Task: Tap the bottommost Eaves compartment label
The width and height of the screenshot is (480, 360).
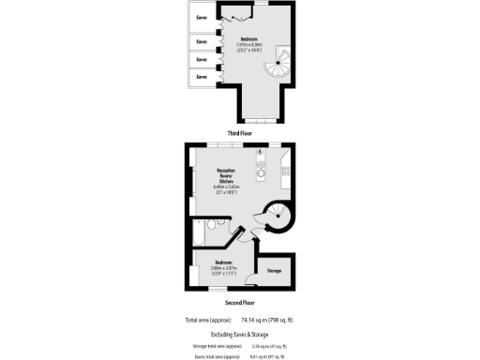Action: click(x=201, y=76)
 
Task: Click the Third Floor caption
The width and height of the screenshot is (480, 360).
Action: click(x=241, y=133)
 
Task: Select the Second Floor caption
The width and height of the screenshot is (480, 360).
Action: click(x=241, y=303)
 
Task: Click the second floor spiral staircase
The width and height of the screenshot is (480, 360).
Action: click(x=278, y=217)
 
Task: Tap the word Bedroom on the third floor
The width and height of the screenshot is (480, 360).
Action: click(x=247, y=39)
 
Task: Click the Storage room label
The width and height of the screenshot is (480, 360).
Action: click(x=274, y=270)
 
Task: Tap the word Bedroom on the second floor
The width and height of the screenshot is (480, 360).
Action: click(x=223, y=262)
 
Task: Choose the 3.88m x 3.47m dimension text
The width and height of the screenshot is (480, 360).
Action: click(x=224, y=267)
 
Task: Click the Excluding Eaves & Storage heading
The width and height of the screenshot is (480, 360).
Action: click(x=241, y=333)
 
